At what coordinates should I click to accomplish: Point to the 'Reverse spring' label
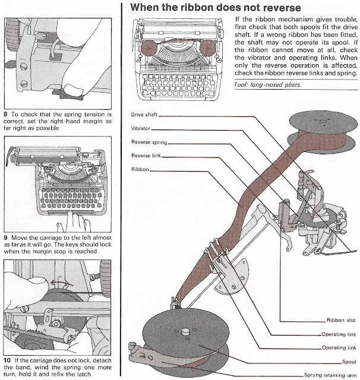pyautogui.click(x=149, y=142)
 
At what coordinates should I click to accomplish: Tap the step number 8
pyautogui.click(x=6, y=112)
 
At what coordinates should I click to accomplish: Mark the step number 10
pyautogui.click(x=7, y=361)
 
